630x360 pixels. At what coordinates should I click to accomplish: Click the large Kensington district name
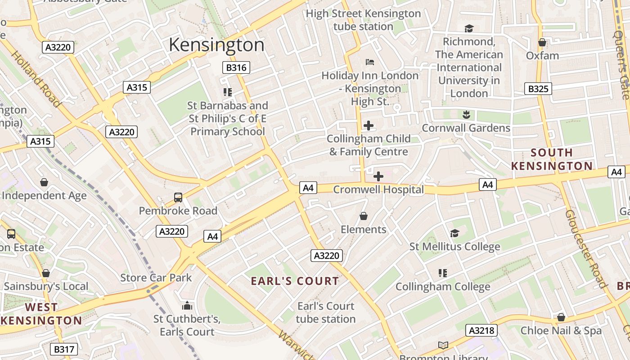pyautogui.click(x=216, y=45)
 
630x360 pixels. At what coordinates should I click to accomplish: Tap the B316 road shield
pyautogui.click(x=236, y=68)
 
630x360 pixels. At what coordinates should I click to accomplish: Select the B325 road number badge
pyautogui.click(x=538, y=89)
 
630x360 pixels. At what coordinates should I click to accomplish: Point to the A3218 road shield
pyautogui.click(x=481, y=330)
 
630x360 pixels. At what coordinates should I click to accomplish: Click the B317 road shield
pyautogui.click(x=63, y=349)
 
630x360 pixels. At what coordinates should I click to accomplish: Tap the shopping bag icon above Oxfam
pyautogui.click(x=542, y=42)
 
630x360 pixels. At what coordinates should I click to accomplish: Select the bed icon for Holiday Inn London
pyautogui.click(x=370, y=62)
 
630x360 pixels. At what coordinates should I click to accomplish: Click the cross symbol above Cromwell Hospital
pyautogui.click(x=378, y=176)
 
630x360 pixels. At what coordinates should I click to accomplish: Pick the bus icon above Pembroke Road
pyautogui.click(x=178, y=197)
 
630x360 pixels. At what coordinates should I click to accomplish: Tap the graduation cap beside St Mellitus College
pyautogui.click(x=454, y=233)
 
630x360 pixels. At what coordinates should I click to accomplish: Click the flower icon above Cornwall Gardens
pyautogui.click(x=466, y=115)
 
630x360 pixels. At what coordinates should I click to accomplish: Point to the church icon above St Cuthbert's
pyautogui.click(x=187, y=306)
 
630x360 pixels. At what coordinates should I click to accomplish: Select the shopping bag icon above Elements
pyautogui.click(x=364, y=216)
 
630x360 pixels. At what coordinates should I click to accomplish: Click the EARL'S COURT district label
pyautogui.click(x=295, y=281)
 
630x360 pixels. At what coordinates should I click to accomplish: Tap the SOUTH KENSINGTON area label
pyautogui.click(x=552, y=159)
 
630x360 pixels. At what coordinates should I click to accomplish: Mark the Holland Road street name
pyautogui.click(x=36, y=79)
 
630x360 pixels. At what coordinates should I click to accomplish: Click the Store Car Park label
pyautogui.click(x=156, y=278)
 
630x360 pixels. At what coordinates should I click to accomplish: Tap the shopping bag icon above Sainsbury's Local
pyautogui.click(x=45, y=273)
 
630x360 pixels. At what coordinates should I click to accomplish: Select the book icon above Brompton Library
pyautogui.click(x=443, y=345)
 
